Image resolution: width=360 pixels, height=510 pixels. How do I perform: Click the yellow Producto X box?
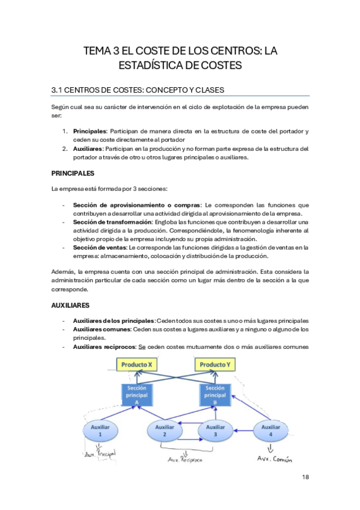(137, 364)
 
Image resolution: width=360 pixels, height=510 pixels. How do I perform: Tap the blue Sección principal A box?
(137, 394)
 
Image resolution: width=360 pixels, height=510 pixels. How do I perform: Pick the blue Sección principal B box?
(215, 394)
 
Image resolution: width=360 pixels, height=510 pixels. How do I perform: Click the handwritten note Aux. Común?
(274, 459)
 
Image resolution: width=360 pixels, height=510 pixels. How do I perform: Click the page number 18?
(305, 477)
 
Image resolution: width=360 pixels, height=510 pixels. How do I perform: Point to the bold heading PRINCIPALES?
(73, 173)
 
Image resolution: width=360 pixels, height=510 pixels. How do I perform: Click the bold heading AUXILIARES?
(70, 306)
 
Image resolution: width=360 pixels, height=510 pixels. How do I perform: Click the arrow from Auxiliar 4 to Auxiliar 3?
(244, 431)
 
